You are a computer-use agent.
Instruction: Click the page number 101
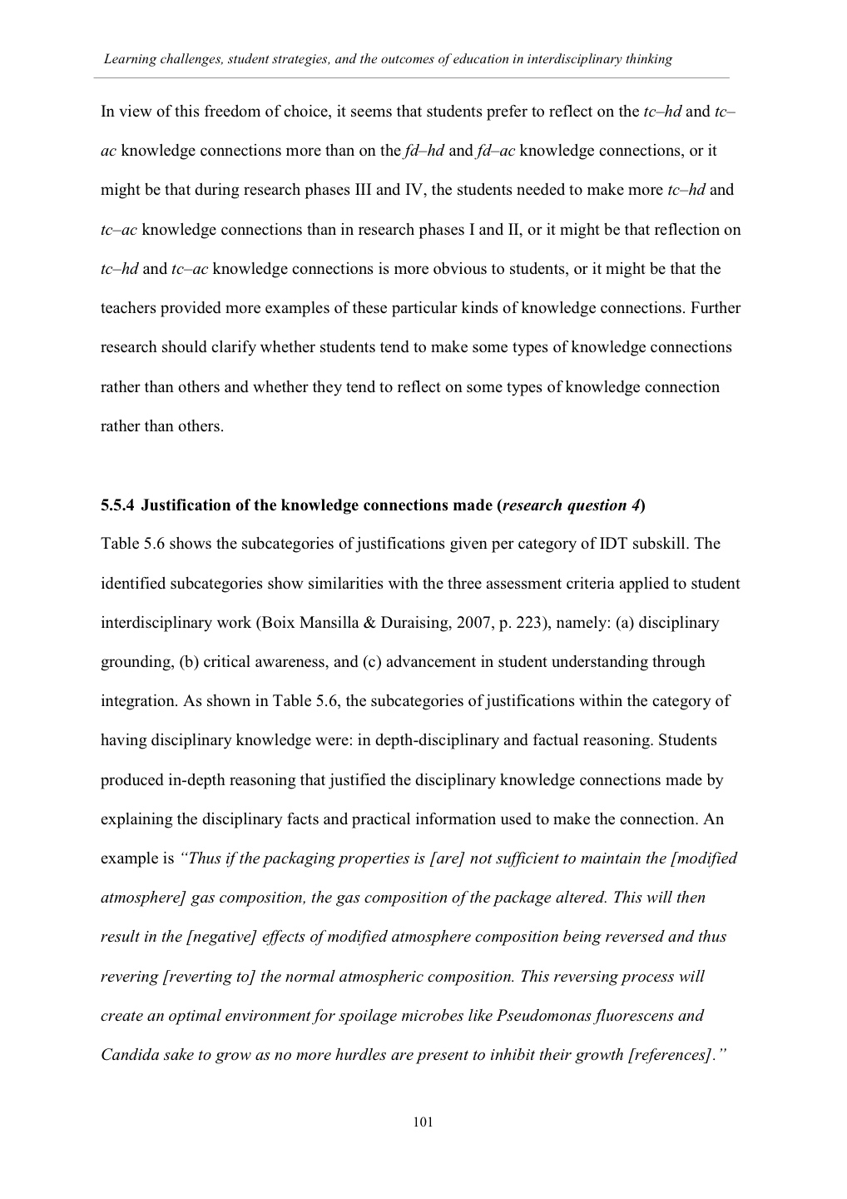(x=423, y=1122)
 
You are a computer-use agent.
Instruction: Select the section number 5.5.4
(x=117, y=505)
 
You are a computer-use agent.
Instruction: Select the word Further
(x=715, y=308)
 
